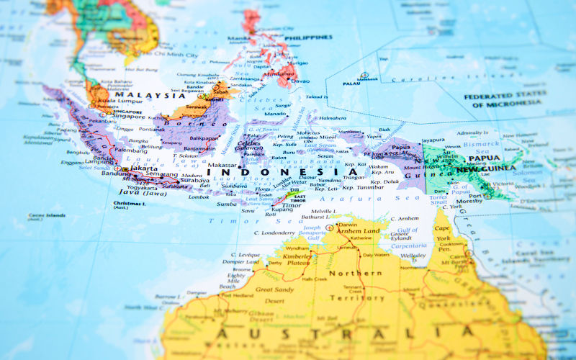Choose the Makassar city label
coord(221,165)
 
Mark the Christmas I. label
coord(130,204)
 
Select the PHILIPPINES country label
coord(308,37)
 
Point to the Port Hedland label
coord(237,295)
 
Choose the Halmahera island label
coord(332,117)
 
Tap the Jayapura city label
coord(433,140)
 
